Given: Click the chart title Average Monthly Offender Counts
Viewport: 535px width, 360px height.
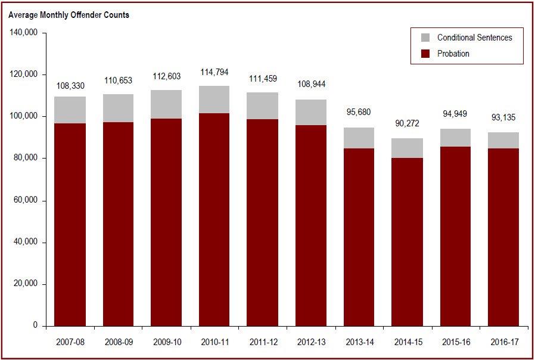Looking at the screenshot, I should pyautogui.click(x=69, y=15).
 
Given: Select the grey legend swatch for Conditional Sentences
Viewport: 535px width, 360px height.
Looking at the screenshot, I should pyautogui.click(x=425, y=38).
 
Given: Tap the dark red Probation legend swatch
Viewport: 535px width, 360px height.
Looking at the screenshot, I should pyautogui.click(x=425, y=54).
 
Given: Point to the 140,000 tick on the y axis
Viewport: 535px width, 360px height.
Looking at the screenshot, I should pyautogui.click(x=24, y=32).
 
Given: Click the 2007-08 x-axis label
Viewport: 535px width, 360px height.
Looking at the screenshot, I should pyautogui.click(x=71, y=343).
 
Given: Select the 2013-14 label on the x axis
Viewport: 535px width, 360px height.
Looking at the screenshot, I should pyautogui.click(x=359, y=343).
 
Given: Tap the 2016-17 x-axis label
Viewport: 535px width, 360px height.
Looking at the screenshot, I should pyautogui.click(x=503, y=343).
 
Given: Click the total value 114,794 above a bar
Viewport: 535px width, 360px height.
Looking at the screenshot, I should pyautogui.click(x=214, y=73).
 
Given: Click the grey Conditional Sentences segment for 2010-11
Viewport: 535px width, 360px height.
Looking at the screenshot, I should pyautogui.click(x=214, y=100).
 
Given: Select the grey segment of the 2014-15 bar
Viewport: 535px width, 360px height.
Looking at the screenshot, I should pyautogui.click(x=408, y=148).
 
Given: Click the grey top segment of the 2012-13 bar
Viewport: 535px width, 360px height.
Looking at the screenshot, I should pyautogui.click(x=311, y=112).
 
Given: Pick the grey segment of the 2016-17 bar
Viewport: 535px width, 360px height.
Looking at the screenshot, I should pyautogui.click(x=503, y=140).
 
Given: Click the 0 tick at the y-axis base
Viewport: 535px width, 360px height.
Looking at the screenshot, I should pyautogui.click(x=35, y=326).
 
